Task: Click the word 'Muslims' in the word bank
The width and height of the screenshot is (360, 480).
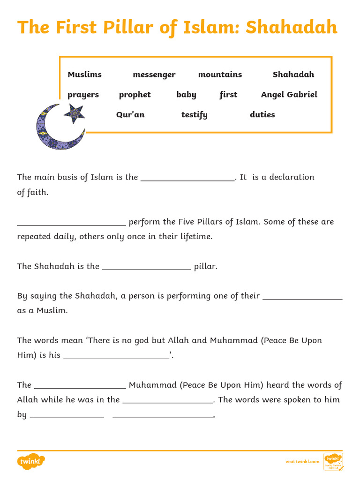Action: coord(84,75)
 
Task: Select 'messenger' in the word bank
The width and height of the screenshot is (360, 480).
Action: coord(154,75)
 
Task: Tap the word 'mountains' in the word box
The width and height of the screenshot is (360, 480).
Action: coord(220,75)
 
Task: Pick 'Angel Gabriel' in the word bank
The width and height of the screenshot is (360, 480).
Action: coord(289,95)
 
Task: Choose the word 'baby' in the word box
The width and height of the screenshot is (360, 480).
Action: coord(186,95)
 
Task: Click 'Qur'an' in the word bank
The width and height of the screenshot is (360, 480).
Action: coord(130,115)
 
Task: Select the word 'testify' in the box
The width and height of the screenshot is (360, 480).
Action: coord(194,115)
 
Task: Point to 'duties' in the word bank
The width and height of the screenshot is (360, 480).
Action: coord(262,115)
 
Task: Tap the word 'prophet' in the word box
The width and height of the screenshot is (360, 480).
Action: coord(135,95)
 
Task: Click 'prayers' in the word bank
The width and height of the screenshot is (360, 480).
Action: coord(83,95)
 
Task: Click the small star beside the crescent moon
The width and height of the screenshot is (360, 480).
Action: coord(74,114)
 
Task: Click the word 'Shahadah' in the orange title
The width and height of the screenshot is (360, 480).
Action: coord(291,28)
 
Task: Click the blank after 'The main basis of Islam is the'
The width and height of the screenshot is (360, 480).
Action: coord(187,178)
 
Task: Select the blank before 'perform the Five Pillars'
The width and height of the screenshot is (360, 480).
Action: coord(71,223)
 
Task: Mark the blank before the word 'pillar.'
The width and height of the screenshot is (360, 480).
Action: coord(146,268)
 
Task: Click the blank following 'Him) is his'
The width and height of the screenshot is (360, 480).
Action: coord(116,356)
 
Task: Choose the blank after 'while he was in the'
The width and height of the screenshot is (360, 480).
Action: coord(168,401)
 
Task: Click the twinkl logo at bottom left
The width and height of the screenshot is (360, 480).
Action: coord(31,462)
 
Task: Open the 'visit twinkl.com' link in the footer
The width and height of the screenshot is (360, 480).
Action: coord(302,462)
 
